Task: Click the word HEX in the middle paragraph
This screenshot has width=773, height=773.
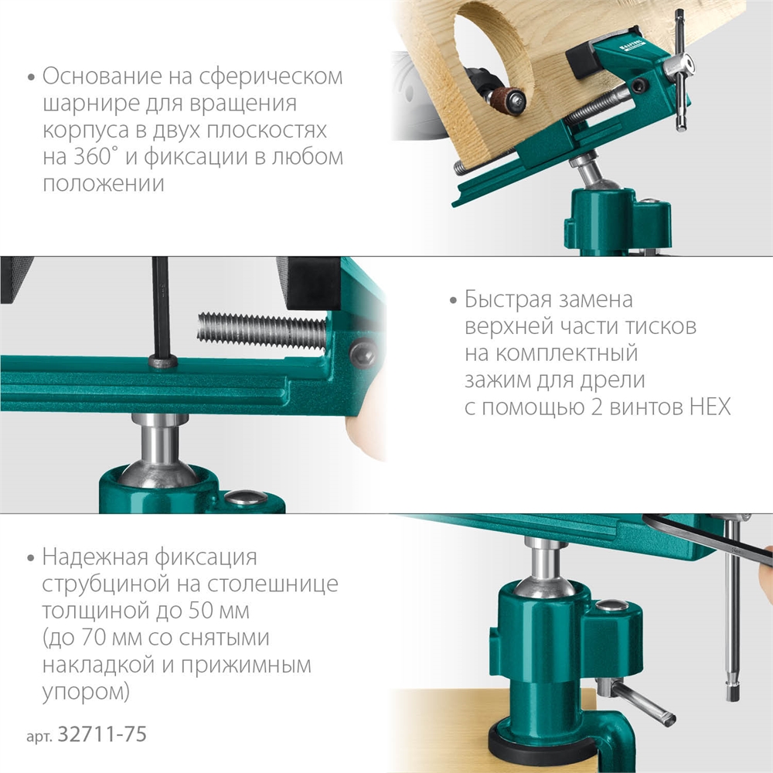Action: tap(707, 407)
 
